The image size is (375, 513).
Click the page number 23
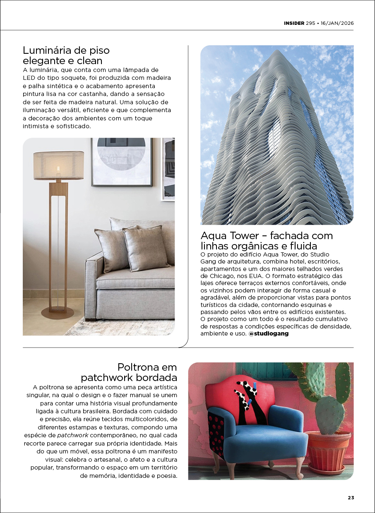[x=351, y=498]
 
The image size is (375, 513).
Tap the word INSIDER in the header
[x=294, y=23]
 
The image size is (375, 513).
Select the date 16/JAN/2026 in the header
[x=337, y=23]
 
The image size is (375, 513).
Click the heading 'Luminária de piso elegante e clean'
[x=66, y=56]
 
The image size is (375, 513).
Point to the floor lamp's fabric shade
[x=58, y=165]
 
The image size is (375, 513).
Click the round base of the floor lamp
[x=58, y=311]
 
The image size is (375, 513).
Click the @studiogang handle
[x=268, y=333]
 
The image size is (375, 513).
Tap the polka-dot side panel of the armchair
[x=216, y=430]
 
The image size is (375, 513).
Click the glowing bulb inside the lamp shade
[x=58, y=169]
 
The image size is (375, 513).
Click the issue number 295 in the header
[x=310, y=23]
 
